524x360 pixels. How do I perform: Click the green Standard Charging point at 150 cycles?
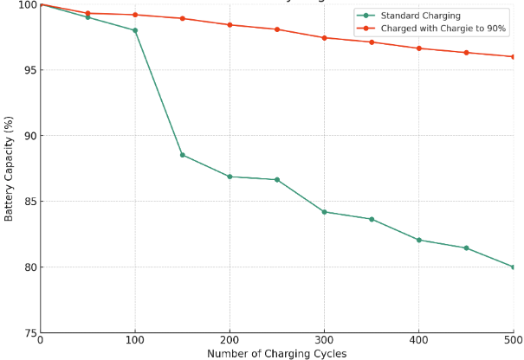182,155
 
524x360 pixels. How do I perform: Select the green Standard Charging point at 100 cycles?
135,30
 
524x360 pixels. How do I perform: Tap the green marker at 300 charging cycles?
324,212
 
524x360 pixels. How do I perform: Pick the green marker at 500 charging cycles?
513,267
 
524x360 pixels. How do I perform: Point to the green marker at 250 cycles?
277,180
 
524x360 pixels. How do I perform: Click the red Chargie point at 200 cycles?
230,25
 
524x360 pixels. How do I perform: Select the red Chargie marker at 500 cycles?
513,56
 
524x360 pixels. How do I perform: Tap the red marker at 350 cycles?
372,42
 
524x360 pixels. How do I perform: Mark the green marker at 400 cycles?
419,240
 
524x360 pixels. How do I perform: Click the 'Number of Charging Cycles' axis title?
276,354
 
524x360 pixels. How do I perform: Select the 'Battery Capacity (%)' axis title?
9,169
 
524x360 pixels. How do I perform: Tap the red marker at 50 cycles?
87,14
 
